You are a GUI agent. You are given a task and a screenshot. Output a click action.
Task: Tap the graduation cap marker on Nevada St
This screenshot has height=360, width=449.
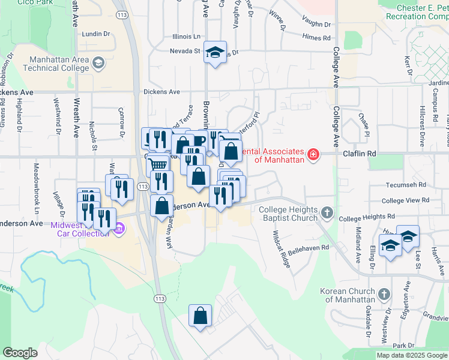pos(214,52)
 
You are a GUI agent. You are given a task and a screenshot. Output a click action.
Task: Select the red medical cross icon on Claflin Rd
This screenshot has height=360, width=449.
pos(313,155)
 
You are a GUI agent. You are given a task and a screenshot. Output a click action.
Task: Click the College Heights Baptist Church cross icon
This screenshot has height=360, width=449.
pos(327,212)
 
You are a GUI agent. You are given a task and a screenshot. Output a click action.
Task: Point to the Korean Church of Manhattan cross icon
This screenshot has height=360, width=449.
pos(385,295)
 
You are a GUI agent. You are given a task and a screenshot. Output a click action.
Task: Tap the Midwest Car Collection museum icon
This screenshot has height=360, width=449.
pos(119,228)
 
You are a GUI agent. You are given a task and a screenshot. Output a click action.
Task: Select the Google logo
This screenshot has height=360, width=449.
pos(20,353)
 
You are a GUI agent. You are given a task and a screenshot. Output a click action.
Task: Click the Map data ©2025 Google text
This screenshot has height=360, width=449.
pos(412,355)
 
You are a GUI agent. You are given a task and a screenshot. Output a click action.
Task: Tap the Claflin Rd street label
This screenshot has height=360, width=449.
pos(359,154)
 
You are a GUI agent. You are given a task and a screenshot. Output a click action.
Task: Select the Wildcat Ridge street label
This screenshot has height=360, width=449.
pos(281,249)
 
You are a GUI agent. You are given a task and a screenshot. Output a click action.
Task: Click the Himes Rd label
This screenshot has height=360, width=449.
pos(317,37)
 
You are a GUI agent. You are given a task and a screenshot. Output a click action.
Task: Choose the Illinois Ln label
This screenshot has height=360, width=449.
pos(186,36)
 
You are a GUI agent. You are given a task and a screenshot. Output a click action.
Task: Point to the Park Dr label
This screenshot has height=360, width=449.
pos(403,346)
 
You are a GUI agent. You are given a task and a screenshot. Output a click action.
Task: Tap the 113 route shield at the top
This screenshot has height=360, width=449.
pos(122,14)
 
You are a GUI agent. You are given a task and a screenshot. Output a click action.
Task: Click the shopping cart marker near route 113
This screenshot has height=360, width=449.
pos(157,164)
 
